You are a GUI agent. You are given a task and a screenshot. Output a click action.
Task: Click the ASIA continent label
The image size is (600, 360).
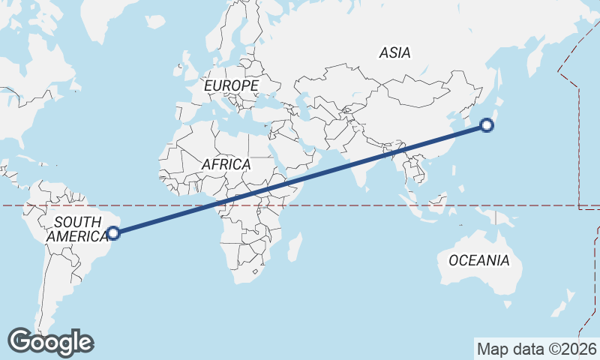[x=395, y=52]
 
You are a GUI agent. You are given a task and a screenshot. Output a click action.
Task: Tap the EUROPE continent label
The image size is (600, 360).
[x=231, y=86]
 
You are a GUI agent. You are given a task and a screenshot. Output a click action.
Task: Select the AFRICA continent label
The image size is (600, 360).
[x=226, y=163]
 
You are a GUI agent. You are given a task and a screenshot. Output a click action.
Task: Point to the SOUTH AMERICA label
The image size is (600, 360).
[x=77, y=229]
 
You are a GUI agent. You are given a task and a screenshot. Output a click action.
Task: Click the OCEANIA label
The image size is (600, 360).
[x=479, y=261]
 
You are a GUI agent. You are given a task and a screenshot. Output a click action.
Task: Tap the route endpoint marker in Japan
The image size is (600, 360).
[x=487, y=125]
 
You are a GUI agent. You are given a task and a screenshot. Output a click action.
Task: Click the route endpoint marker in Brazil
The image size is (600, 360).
[x=113, y=233]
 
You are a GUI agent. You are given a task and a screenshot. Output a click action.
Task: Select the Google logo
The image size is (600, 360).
[x=51, y=342]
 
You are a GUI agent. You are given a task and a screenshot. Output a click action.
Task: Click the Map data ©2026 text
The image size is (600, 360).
[x=537, y=349]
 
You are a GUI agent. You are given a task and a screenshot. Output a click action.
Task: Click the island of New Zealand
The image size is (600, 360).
[x=559, y=307]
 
